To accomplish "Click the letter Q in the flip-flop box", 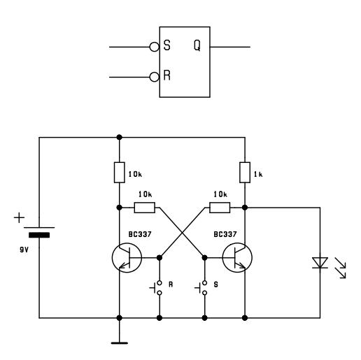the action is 197,45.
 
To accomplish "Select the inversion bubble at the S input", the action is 154,47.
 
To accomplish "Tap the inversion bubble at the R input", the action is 154,77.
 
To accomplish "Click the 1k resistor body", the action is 245,173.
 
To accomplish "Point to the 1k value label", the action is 258,174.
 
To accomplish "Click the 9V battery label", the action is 24,250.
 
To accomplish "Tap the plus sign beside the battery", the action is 19,218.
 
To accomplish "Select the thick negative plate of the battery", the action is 39,235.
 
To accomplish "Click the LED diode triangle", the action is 320,263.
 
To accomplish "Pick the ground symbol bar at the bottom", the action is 120,343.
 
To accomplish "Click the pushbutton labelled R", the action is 157,288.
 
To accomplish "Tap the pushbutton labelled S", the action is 202,288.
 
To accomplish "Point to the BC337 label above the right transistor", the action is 225,234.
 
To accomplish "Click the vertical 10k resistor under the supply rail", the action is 120,173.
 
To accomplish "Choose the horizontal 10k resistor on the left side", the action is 145,208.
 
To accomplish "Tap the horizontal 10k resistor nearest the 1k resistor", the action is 220,208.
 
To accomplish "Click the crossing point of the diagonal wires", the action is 182,233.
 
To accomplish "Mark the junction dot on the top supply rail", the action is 120,137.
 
